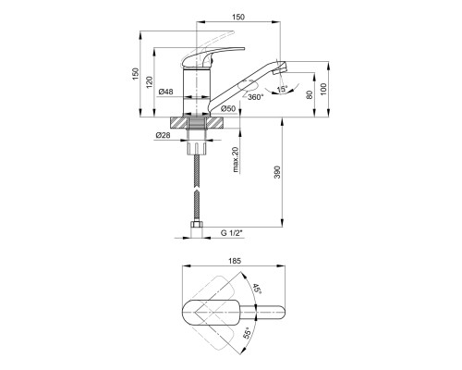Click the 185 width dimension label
(235, 261)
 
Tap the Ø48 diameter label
(166, 92)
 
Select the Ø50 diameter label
(228, 108)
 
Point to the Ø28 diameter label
(163, 135)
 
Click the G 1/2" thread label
(231, 233)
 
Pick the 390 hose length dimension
(277, 172)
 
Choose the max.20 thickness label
(236, 159)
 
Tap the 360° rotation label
(256, 97)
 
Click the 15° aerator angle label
(282, 90)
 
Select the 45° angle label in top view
(257, 290)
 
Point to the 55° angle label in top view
(249, 333)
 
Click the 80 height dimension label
(310, 94)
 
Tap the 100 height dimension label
(322, 89)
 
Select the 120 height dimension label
(149, 82)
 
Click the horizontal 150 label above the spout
(238, 18)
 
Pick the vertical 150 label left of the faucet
(136, 74)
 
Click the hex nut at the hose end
(197, 224)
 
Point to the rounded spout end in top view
(280, 313)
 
